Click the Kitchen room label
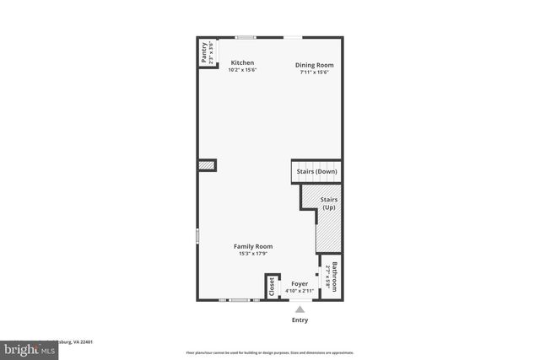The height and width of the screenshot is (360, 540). pos(243,63)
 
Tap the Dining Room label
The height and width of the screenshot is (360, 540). pos(314,65)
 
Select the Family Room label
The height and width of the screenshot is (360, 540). pos(253,246)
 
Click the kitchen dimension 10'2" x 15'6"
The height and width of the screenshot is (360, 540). pos(243,71)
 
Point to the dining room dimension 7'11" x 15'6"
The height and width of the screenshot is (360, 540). pos(314,73)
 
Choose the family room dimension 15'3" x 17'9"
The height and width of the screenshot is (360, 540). pos(253,254)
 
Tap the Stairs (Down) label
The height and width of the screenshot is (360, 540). pos(316,172)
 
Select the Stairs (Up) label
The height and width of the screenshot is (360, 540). pos(328,203)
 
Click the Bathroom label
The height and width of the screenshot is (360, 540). pos(335,277)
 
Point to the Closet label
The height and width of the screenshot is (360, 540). pos(272,286)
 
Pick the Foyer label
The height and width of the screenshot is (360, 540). pos(300,284)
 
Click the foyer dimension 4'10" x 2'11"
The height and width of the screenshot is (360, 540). pos(300,292)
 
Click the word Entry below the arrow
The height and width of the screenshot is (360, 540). pos(300,320)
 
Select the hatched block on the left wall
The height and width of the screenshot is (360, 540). pos(206,166)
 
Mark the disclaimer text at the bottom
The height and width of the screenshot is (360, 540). pos(269,352)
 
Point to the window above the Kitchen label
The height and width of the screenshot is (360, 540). pos(246,37)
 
